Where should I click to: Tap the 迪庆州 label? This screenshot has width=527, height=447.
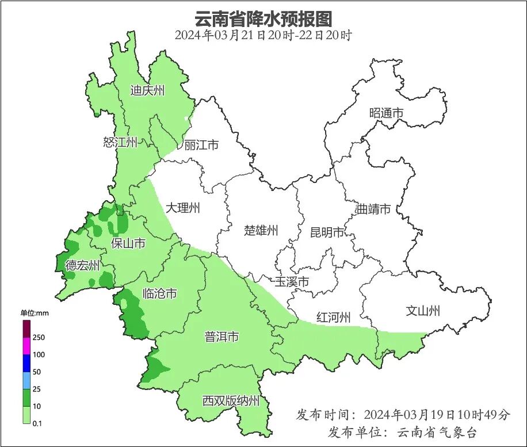click(x=147, y=90)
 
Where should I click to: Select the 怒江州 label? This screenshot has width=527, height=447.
click(x=120, y=142)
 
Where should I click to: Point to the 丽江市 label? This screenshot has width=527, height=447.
click(x=201, y=145)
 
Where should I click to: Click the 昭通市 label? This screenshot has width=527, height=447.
click(x=386, y=113)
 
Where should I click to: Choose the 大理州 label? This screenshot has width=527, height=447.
click(x=182, y=208)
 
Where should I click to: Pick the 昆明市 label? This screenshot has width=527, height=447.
click(x=327, y=232)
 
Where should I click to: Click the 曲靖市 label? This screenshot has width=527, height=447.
click(x=373, y=209)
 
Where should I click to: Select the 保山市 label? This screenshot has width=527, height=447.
click(x=128, y=243)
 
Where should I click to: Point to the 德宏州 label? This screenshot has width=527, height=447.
click(x=82, y=265)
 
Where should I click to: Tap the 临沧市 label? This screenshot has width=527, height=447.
click(x=159, y=294)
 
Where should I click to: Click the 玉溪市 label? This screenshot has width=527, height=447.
click(x=292, y=282)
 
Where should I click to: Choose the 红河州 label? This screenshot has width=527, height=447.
click(x=333, y=317)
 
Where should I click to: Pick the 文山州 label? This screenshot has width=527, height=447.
click(x=423, y=311)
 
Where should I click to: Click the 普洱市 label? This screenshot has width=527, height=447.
click(x=222, y=337)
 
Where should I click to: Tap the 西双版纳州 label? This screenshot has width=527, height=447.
click(x=231, y=401)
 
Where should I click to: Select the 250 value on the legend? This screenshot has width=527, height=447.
click(x=39, y=337)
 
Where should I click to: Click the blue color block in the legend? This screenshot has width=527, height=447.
click(x=26, y=363)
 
